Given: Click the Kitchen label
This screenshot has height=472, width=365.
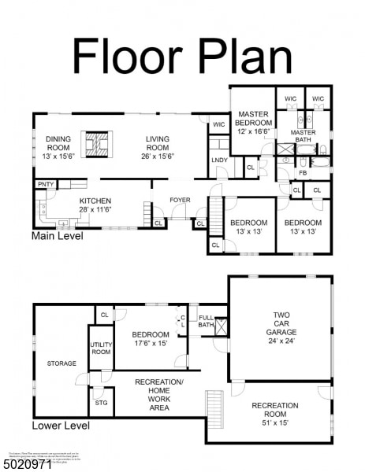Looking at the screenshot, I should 95,205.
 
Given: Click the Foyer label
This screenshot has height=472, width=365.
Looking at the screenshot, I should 180,200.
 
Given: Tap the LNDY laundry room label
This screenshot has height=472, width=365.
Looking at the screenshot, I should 219,161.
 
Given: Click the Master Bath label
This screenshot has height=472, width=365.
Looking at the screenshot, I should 303,137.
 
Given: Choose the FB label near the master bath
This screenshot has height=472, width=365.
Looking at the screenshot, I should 303,173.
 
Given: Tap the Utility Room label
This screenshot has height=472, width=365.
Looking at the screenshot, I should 101,348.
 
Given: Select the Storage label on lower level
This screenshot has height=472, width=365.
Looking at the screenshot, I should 61,363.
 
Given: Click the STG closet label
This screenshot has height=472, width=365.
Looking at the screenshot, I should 101,402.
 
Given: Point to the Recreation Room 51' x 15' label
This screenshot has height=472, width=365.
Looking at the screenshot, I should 274,411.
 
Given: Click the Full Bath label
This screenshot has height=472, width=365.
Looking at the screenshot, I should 206,321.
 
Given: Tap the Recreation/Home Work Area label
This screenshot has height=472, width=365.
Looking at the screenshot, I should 158,394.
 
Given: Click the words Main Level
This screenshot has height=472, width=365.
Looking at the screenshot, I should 60,235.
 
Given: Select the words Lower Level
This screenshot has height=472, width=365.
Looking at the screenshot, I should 60,426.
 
